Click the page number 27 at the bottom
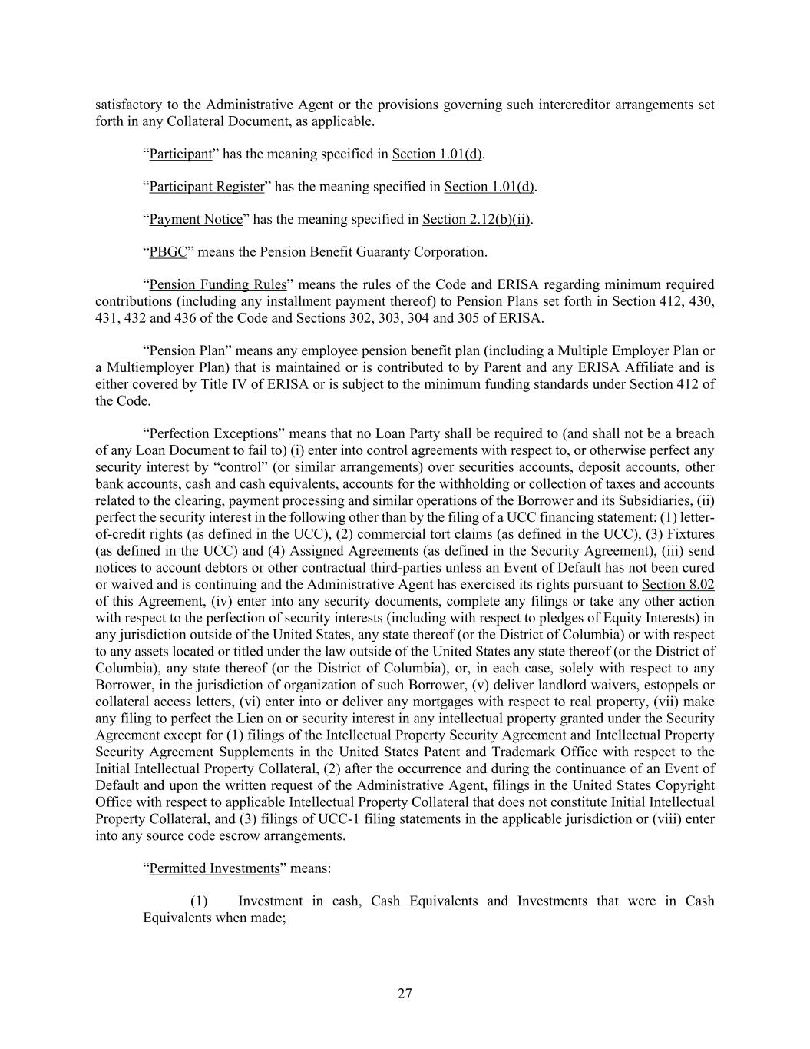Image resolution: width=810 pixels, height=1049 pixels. (x=405, y=994)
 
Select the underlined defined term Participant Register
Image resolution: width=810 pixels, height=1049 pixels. (x=207, y=187)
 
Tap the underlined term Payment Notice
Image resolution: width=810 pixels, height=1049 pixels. (x=196, y=220)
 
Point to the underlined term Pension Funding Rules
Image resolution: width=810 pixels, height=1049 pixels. (x=217, y=285)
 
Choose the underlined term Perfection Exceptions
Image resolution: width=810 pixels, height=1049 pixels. (x=213, y=433)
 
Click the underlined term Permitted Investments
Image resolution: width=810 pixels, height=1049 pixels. (x=214, y=868)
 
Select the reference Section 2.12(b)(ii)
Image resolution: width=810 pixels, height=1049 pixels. (x=476, y=220)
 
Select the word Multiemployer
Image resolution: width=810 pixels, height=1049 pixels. (x=147, y=367)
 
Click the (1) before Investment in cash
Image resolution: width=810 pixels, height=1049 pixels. (x=199, y=901)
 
